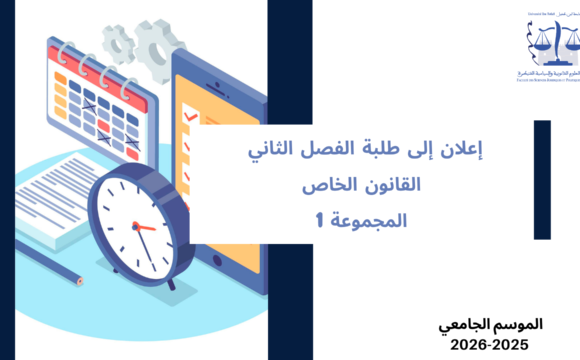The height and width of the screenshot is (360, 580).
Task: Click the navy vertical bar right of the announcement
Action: click(x=542, y=180)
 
